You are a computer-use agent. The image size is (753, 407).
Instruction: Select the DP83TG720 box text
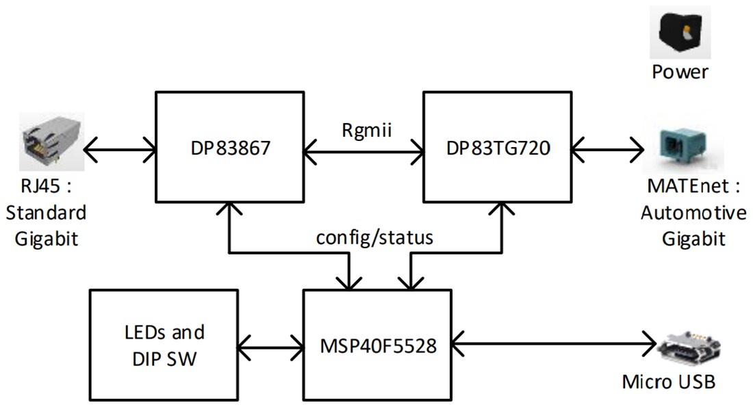[497, 147]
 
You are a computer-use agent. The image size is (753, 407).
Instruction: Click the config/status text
[374, 237]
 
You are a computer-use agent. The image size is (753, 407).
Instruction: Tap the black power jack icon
[680, 32]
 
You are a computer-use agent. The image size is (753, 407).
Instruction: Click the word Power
[680, 71]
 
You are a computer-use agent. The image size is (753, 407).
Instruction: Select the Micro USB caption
[669, 381]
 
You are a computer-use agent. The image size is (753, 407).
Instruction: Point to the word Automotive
[693, 213]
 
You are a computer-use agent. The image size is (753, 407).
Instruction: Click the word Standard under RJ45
[47, 212]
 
